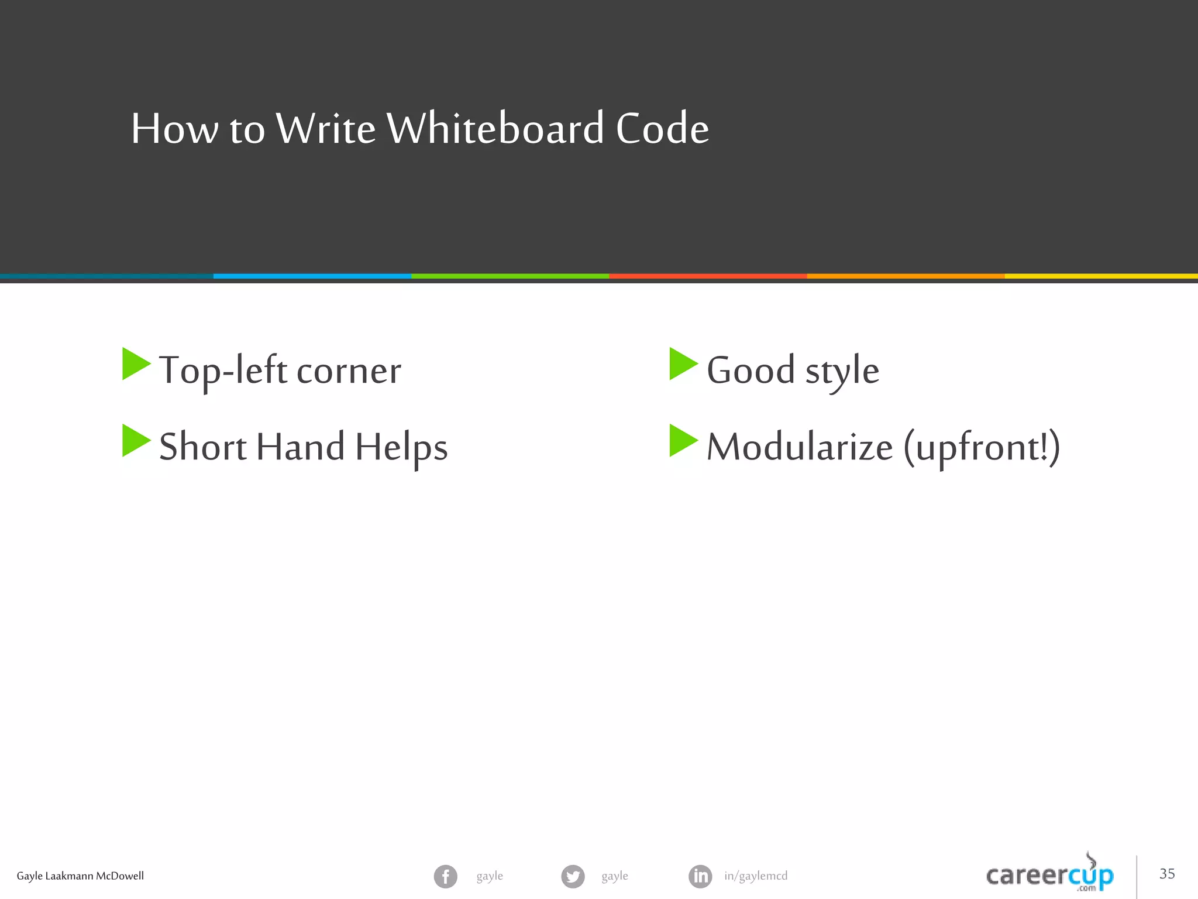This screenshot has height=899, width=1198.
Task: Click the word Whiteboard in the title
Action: coord(495,128)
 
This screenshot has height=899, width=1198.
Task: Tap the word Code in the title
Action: coord(662,128)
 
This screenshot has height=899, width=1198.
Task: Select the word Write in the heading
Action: coord(325,128)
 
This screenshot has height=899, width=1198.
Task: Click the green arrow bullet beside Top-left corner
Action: coord(136,364)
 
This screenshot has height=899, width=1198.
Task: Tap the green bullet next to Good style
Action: coord(683,364)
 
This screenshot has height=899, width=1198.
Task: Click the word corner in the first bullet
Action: coord(349,371)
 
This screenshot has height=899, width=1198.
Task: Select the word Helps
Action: coord(401,447)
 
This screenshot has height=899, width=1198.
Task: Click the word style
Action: coord(842,371)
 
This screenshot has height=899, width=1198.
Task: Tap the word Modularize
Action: coord(799,447)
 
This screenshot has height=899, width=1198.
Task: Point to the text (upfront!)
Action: coord(982,447)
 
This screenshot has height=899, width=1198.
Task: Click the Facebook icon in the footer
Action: coord(445,876)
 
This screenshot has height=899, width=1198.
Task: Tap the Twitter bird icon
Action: coord(573,876)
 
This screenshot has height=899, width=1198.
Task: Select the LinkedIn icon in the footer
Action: coord(700,876)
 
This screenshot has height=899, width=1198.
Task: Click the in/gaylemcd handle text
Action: coord(756,876)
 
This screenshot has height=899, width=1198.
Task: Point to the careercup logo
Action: coord(1049,875)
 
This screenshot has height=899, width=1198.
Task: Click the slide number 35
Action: coord(1167,874)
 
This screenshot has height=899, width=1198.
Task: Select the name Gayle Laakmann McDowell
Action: coord(80,876)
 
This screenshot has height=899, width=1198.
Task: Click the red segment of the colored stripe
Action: coord(708,276)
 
